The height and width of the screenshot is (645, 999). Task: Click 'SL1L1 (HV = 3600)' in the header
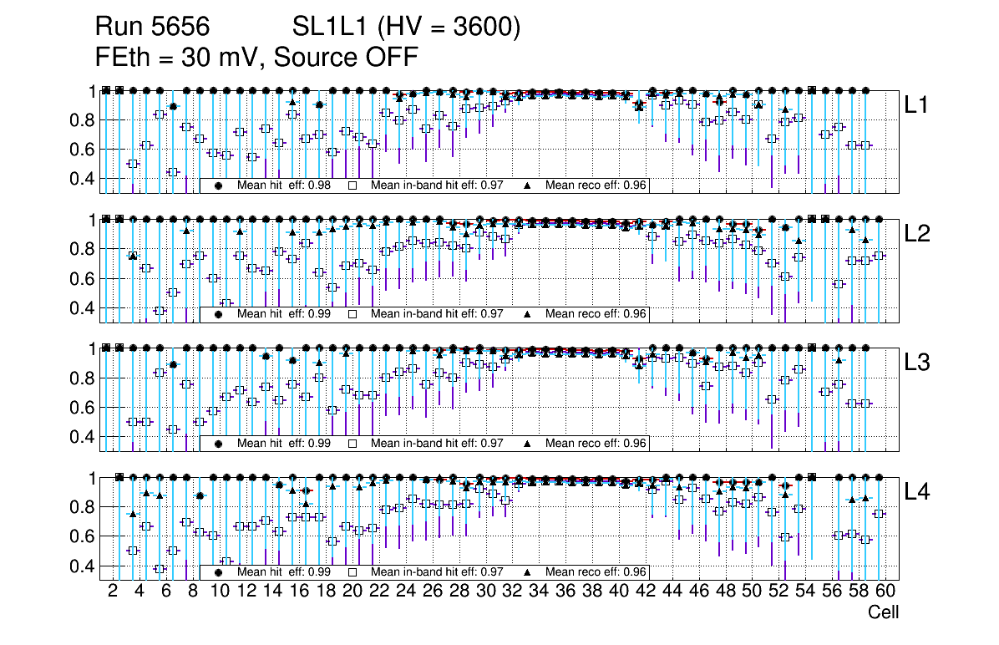coord(407,28)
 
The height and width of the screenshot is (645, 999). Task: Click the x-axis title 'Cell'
coord(883,612)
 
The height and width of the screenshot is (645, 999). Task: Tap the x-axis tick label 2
coord(113,592)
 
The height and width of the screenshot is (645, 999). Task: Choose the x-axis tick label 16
coord(298,592)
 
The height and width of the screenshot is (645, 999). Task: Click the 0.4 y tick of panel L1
coord(81,179)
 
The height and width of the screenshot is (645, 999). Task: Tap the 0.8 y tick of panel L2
coord(81,249)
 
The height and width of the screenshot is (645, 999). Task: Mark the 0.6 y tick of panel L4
coord(81,536)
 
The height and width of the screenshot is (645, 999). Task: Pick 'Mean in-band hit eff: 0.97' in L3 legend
coord(436,444)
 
